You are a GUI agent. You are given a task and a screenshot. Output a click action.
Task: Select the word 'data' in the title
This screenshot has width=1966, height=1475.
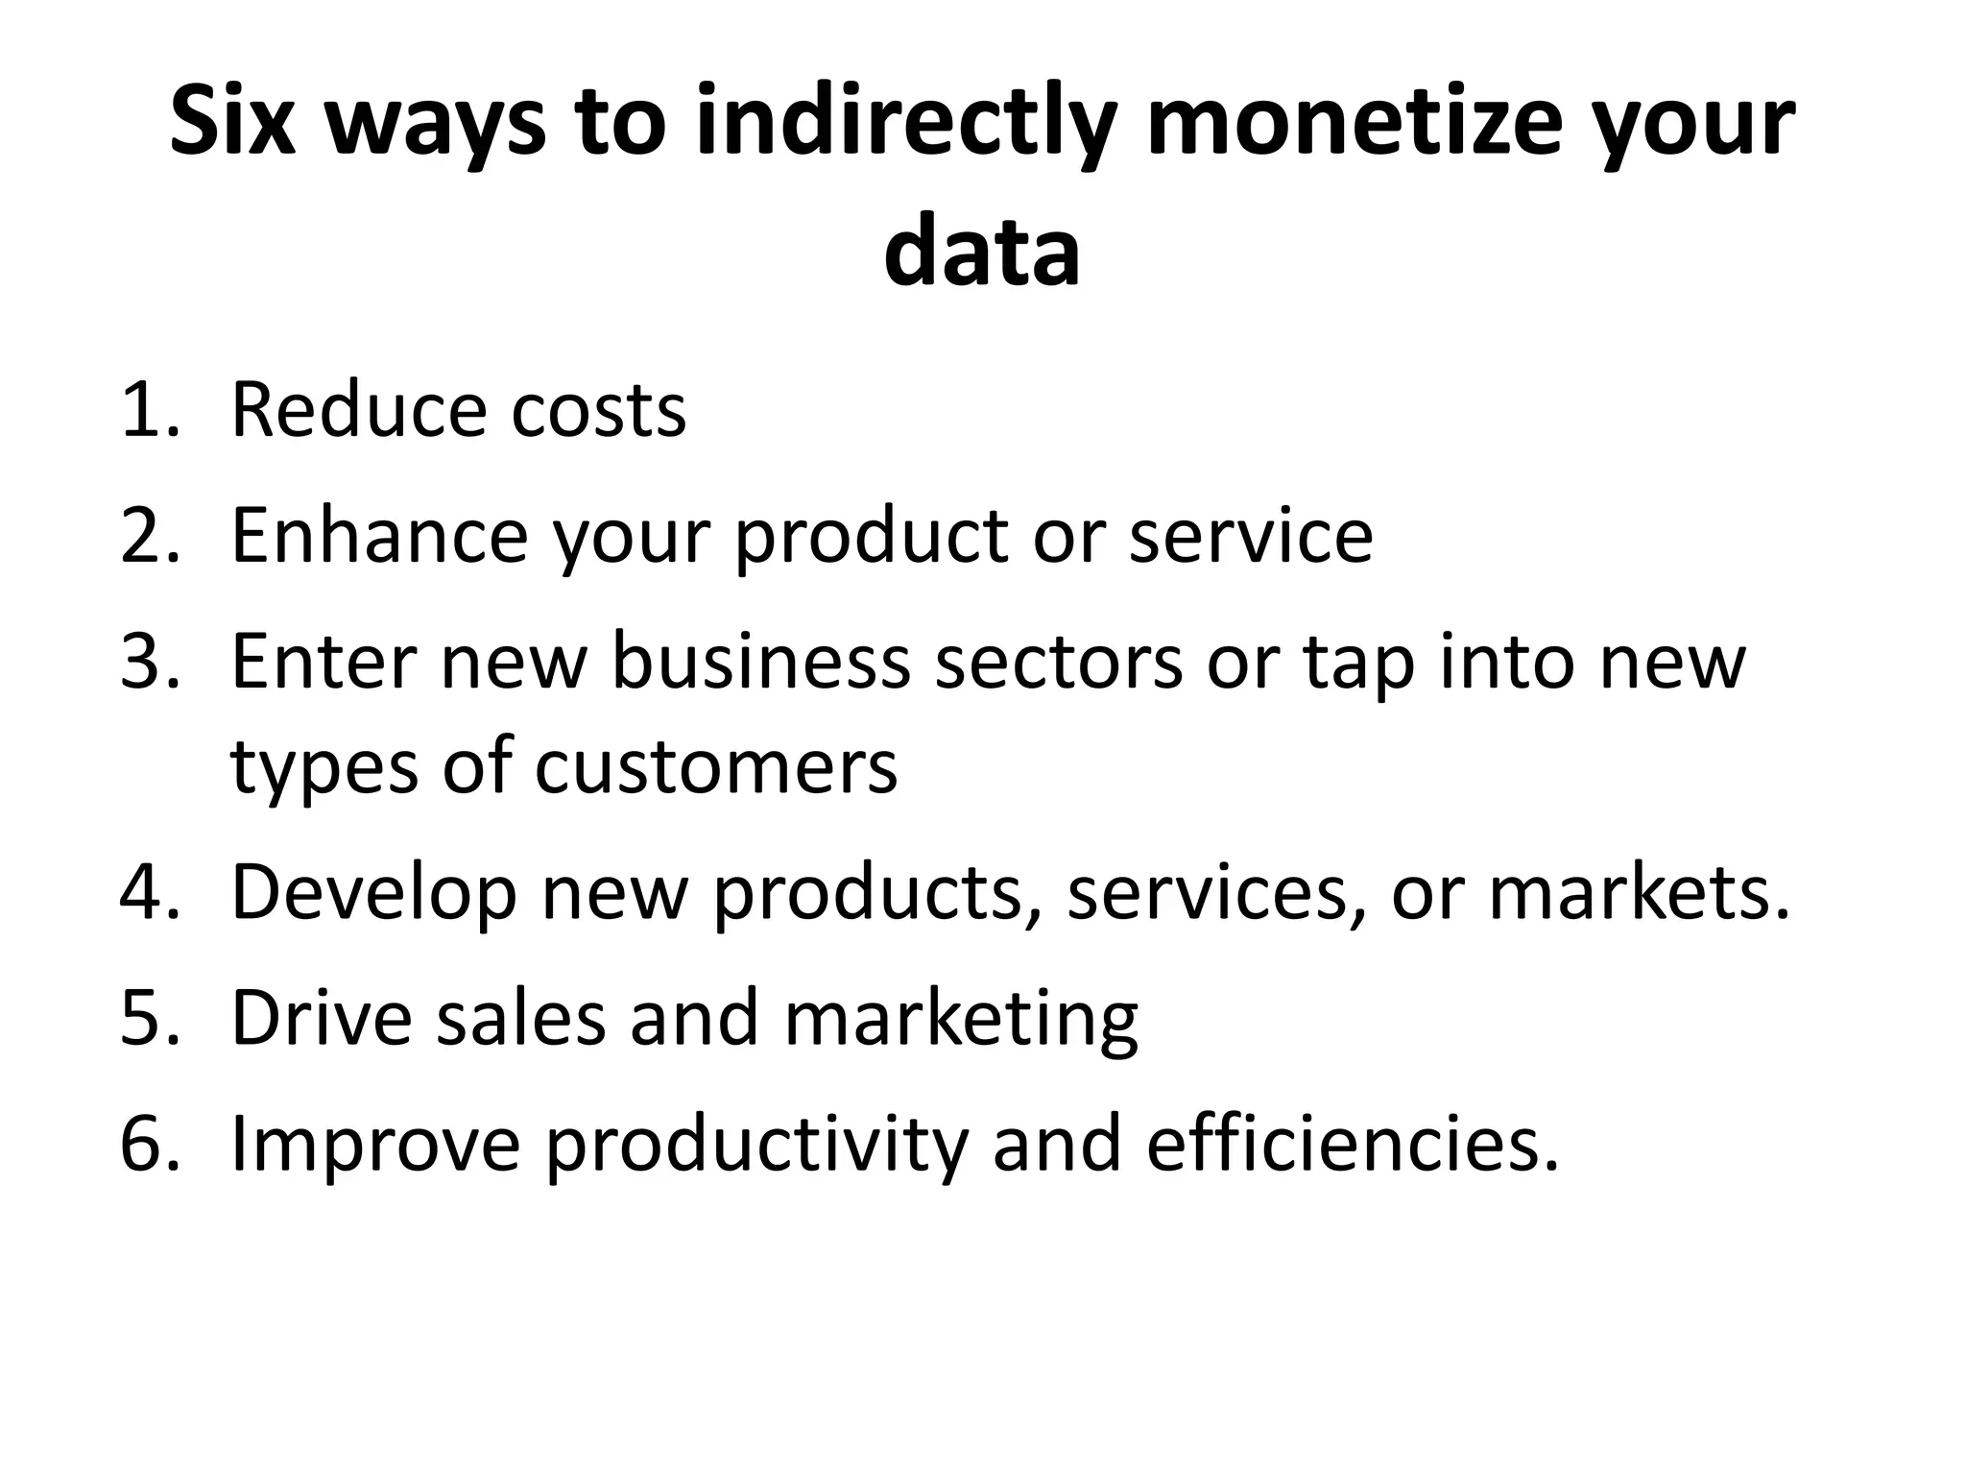coord(982,253)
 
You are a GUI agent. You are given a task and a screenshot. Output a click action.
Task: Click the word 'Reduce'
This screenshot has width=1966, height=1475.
coord(358,410)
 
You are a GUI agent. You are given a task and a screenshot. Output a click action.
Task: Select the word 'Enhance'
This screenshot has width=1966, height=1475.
coord(379,535)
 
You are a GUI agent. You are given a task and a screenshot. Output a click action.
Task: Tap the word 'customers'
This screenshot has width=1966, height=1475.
coord(716,767)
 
